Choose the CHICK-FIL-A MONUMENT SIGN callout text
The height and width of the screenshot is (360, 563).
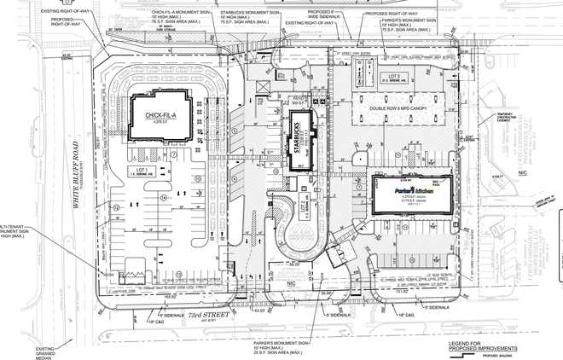179,16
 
